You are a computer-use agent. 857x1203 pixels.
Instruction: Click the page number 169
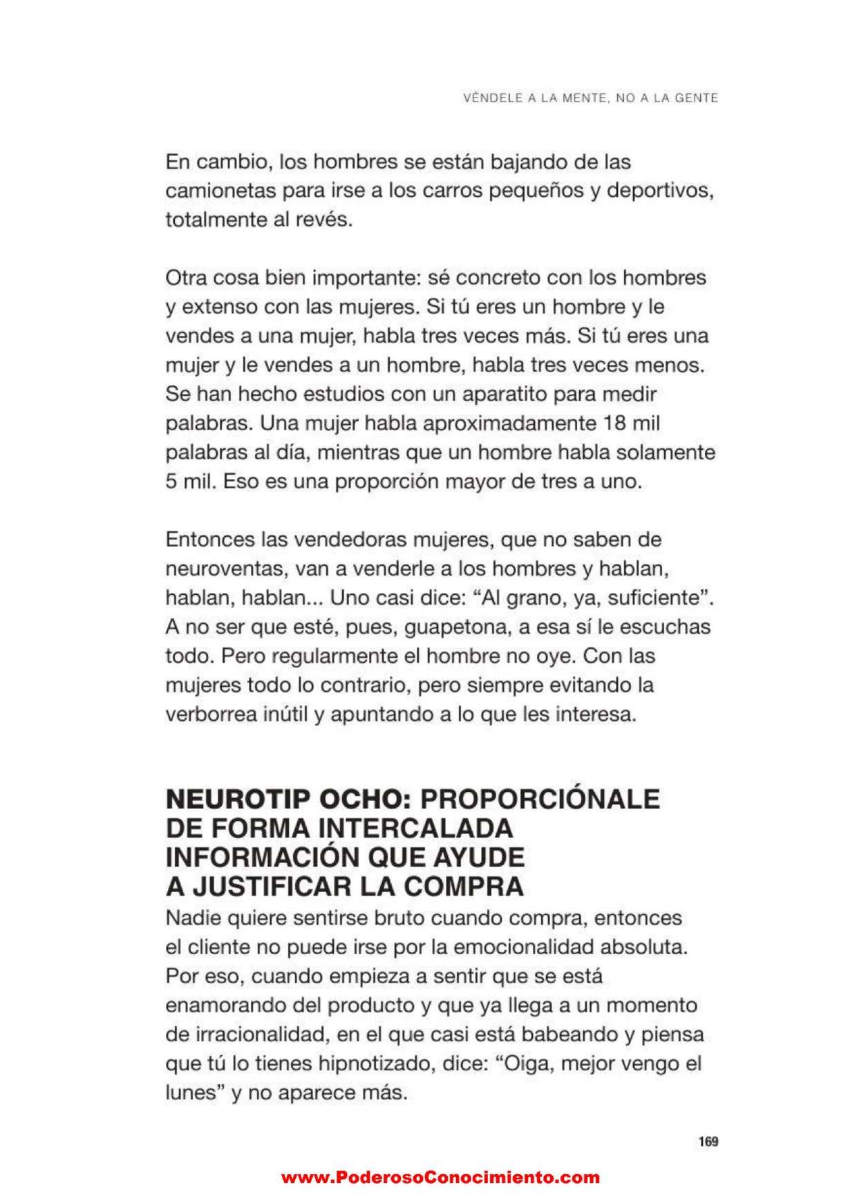708,1142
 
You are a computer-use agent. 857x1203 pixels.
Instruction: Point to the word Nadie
191,918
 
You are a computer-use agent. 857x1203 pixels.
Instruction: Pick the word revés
323,220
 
